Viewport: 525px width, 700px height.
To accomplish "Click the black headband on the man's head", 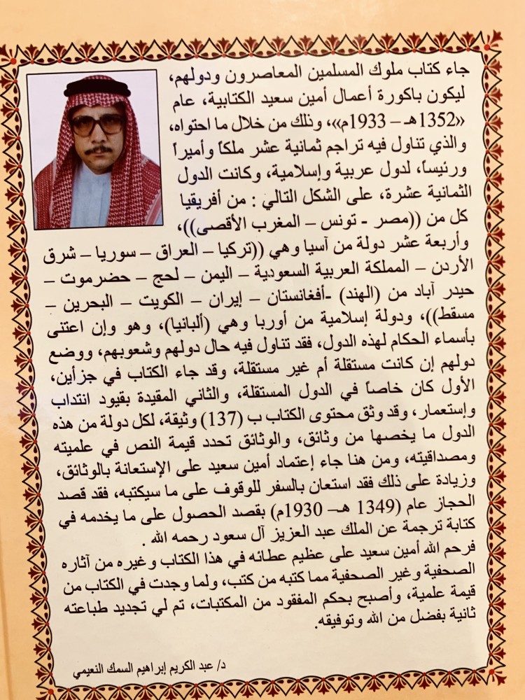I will pyautogui.click(x=97, y=90).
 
